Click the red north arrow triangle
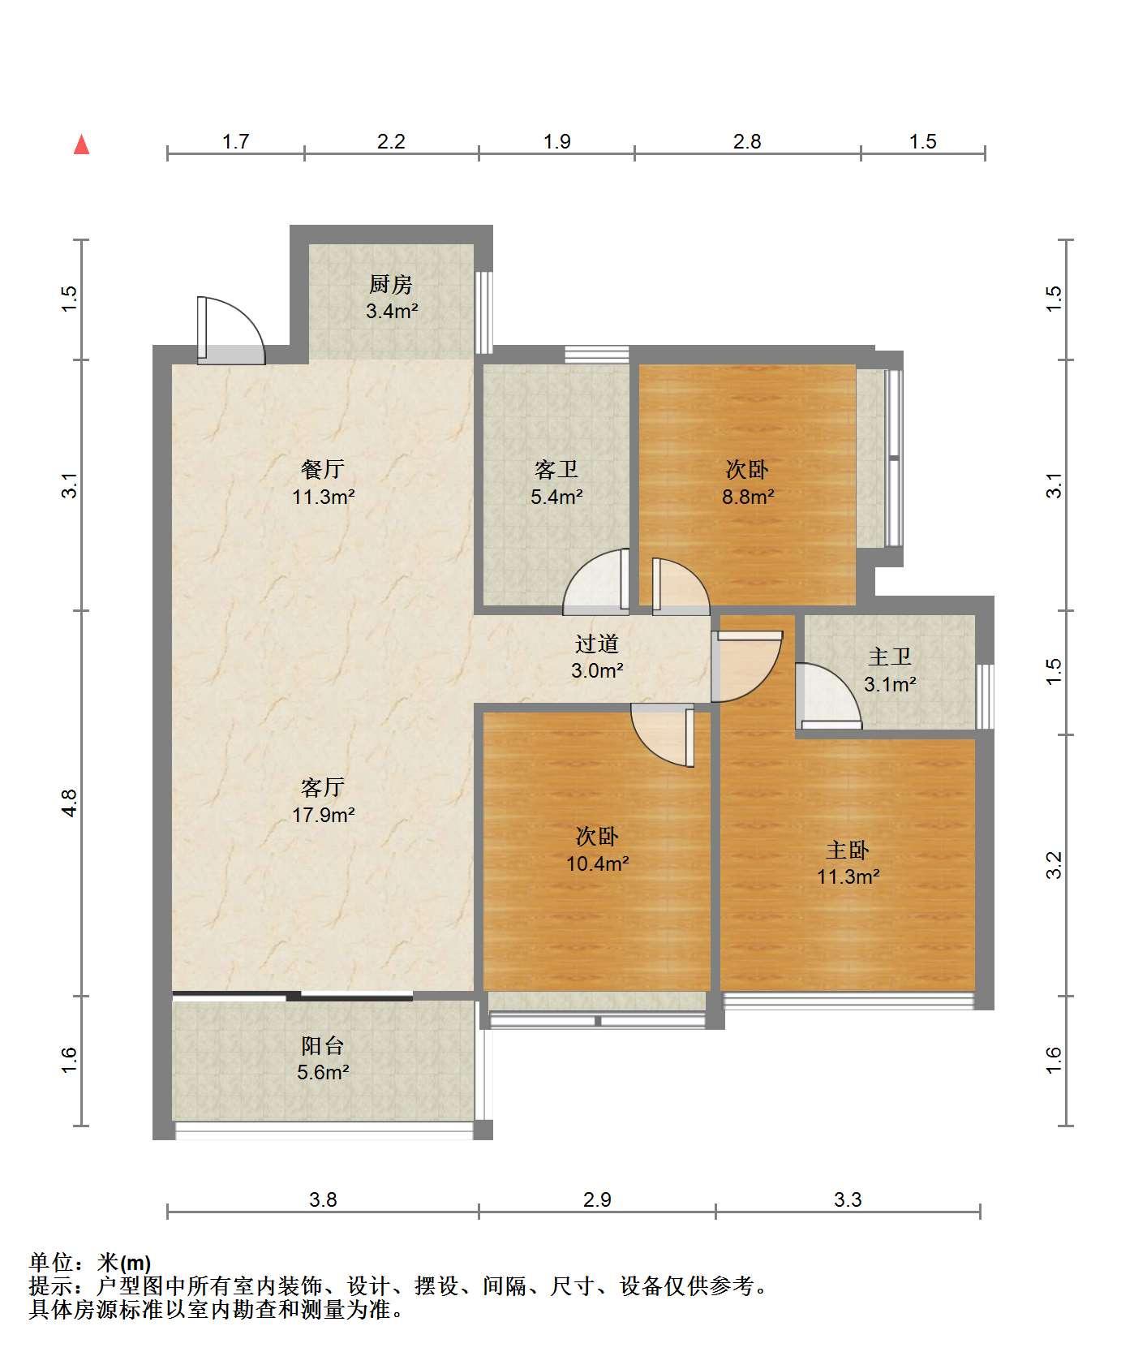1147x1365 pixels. pos(81,145)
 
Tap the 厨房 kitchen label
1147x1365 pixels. pos(391,284)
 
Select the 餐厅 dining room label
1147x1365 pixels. pos(323,468)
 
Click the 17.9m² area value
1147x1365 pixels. pos(324,814)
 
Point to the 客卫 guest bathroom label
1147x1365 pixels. pos(556,469)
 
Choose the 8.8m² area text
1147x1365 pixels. pos(748,496)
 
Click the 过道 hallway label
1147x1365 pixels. pos(597,644)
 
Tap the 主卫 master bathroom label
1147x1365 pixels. pos(890,657)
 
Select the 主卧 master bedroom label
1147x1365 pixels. pos(848,850)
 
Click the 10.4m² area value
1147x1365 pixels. pos(598,863)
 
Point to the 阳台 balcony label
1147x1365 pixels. pos(323,1045)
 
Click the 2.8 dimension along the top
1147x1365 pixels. pos(747,141)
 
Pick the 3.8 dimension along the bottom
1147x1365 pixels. pos(323,1199)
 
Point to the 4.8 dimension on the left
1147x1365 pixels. pos(70,803)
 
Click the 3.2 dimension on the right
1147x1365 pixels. pos(1054,865)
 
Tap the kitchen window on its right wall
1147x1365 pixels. pos(483,312)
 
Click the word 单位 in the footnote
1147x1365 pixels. pos(50,1263)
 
